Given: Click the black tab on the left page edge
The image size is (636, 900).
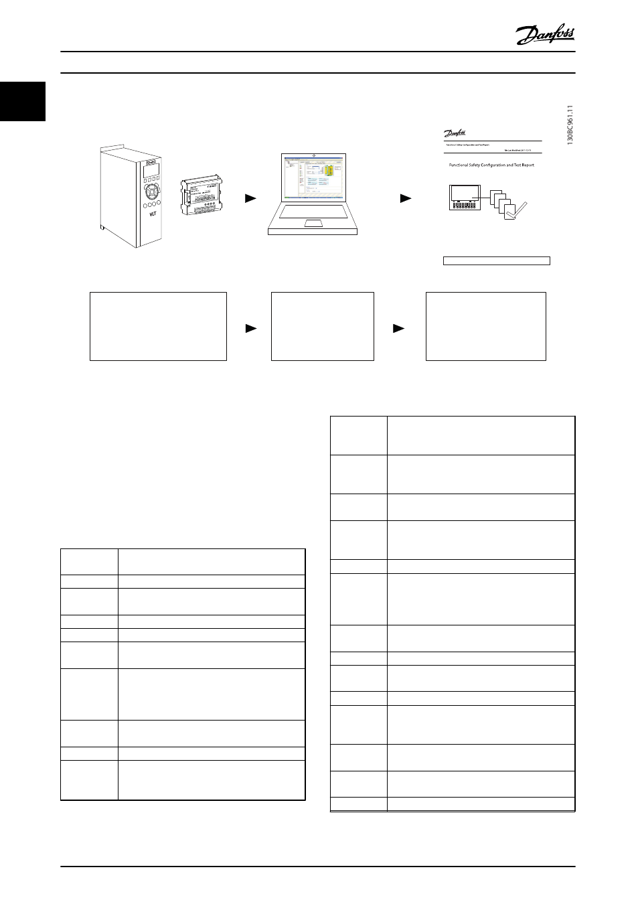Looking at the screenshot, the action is pos(22,101).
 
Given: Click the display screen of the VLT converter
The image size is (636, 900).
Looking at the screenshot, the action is pos(151,171).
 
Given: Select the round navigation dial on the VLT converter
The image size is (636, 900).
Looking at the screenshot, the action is pos(151,192).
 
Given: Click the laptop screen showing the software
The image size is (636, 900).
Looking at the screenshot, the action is pos(313,179).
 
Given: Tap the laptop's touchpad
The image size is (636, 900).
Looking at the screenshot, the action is pos(313,223).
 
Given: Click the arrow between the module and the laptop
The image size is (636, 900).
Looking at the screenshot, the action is pos(250,198).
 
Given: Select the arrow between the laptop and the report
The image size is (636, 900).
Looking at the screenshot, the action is pos(406,198).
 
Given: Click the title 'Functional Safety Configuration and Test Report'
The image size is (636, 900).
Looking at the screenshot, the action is pos(491,165).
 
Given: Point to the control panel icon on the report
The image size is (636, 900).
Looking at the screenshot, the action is pos(464,197).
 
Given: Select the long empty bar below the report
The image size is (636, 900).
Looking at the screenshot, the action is pos(497,260).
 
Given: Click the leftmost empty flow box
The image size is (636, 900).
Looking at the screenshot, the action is pos(159,326).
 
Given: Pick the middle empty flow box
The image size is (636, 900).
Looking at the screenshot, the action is pos(322,326).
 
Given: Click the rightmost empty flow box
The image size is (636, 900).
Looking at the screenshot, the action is pos(486,326).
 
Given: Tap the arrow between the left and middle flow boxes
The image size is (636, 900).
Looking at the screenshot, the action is pos(250,328).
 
